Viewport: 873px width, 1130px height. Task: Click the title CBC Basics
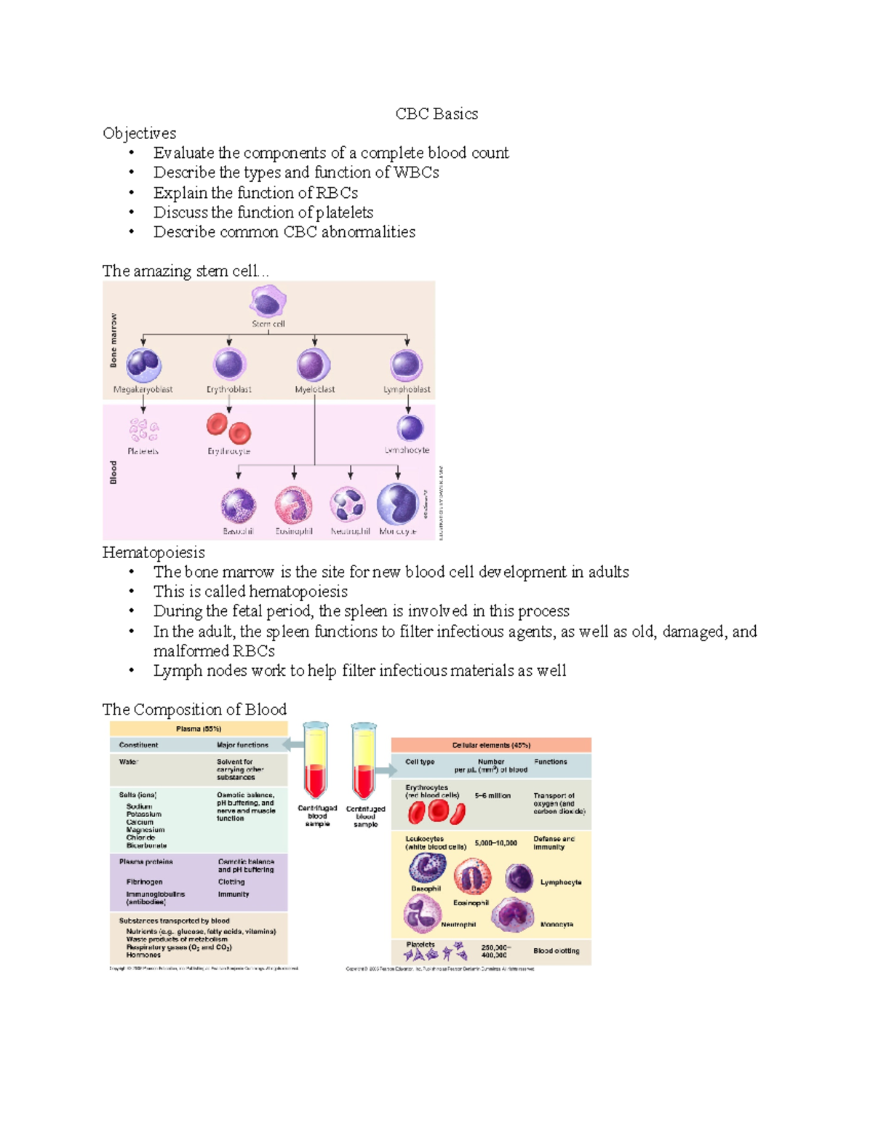point(436,114)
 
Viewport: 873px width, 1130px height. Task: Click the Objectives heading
point(139,133)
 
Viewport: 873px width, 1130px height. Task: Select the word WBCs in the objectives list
point(416,172)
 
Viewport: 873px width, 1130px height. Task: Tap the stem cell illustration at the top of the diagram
point(268,301)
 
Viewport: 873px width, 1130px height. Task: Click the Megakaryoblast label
point(143,389)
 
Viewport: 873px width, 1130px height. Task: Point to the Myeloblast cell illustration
point(314,365)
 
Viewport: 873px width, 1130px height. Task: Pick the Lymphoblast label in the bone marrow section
point(407,389)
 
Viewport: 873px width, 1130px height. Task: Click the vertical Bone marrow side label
point(113,340)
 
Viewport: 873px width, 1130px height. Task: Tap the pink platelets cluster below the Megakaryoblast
point(143,429)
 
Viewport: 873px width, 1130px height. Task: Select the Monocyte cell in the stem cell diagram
point(398,504)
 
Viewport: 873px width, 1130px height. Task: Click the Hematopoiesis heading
point(154,552)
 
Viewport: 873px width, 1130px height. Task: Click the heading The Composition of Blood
point(194,709)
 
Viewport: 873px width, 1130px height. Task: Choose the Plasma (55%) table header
point(198,728)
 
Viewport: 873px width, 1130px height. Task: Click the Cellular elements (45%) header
point(491,745)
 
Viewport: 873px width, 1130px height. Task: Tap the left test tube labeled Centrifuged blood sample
point(316,760)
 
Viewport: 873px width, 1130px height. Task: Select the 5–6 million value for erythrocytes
point(493,796)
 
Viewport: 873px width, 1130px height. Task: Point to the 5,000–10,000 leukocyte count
point(495,843)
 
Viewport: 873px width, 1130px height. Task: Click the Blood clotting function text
point(557,951)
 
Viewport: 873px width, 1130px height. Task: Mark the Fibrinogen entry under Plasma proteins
point(144,882)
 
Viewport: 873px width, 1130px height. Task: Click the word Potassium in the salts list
point(143,814)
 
